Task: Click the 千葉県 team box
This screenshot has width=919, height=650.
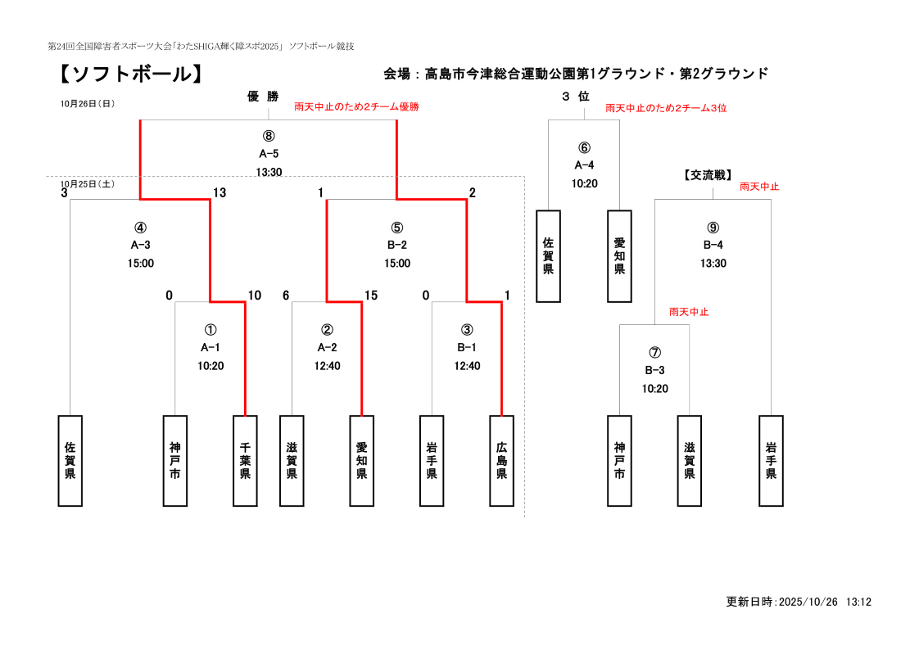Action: coord(245,460)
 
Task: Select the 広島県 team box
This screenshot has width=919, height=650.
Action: coord(501,460)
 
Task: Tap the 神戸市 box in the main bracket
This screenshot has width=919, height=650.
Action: coord(174,460)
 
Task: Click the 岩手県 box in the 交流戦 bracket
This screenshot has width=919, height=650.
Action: coord(771,460)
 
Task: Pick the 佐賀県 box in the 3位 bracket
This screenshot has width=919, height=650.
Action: coord(548,256)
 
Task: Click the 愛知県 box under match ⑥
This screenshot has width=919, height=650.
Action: coord(619,256)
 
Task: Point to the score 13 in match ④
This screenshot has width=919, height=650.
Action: coord(220,193)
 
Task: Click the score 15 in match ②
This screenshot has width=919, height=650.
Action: coord(371,296)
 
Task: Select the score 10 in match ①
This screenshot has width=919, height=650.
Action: coord(255,296)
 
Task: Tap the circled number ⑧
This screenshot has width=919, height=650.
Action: coord(269,136)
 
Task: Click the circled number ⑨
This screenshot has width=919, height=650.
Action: coord(713,228)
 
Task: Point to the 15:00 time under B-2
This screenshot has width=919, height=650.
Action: coord(397,264)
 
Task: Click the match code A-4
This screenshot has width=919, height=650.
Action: coord(584,165)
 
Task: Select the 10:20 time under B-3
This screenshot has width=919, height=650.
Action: coord(654,389)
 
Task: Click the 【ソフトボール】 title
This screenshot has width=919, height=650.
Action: coord(129,74)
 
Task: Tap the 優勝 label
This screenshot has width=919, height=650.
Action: coord(263,97)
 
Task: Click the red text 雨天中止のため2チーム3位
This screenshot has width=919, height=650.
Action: coord(666,108)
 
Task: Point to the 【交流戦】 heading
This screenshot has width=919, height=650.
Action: coord(708,174)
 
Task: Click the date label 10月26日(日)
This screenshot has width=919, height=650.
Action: coord(87,104)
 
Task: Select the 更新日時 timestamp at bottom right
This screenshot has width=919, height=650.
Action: coord(798,602)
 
